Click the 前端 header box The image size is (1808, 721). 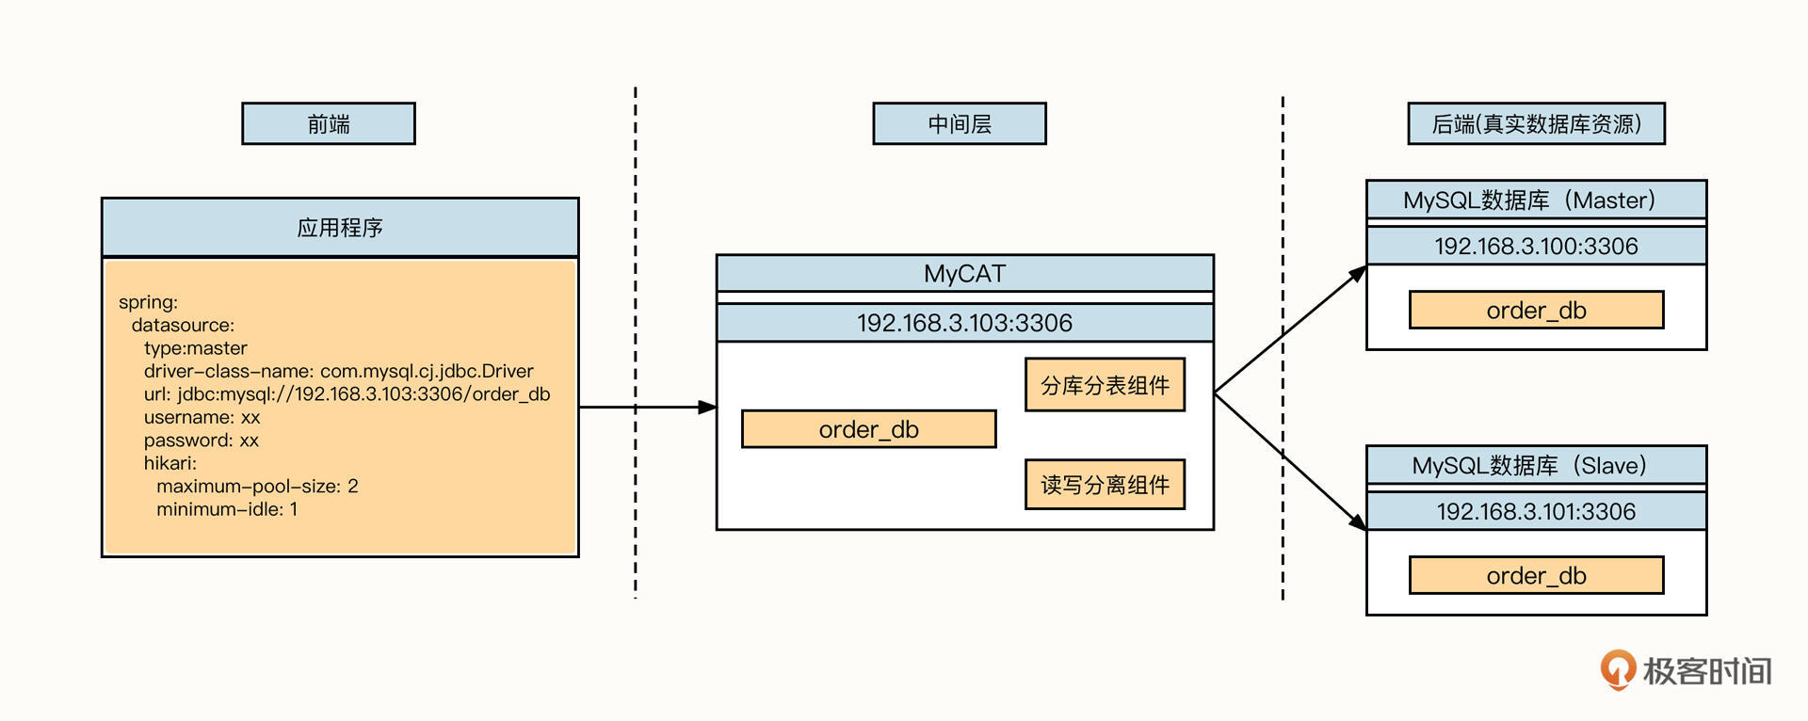329,123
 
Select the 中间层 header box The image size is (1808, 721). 960,123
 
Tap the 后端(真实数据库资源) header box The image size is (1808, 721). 1536,123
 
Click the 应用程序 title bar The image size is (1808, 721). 340,227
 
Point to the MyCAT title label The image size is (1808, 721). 964,273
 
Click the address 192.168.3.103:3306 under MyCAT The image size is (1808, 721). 964,323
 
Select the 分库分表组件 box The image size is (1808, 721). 1105,385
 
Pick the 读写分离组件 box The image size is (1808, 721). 1105,485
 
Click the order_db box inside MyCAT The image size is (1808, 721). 868,429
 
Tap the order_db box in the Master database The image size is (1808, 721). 1536,310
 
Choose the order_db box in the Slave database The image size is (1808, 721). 1536,575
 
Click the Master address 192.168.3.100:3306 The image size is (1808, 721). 1536,246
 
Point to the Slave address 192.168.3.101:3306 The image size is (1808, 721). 1536,511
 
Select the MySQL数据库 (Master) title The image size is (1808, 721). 1536,200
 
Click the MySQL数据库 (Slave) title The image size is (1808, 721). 1536,465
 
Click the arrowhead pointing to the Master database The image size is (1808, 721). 1358,273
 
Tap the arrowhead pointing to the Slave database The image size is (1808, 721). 1358,521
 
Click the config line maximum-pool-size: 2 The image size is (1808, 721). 257,486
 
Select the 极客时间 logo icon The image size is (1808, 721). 1618,669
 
